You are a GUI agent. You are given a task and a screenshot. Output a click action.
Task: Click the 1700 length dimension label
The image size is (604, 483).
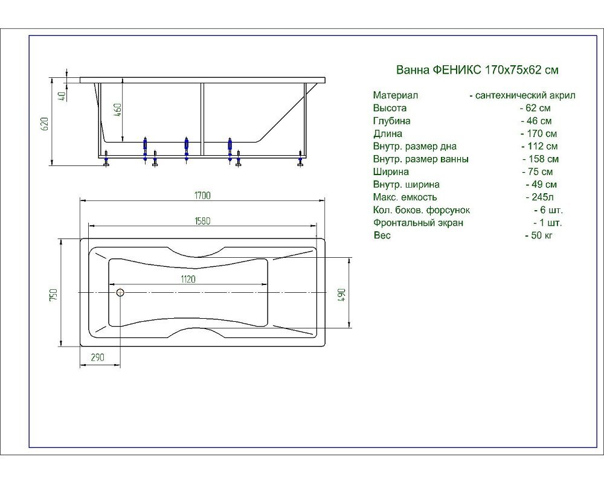(x=202, y=196)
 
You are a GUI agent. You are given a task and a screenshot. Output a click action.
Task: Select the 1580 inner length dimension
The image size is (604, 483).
(x=202, y=221)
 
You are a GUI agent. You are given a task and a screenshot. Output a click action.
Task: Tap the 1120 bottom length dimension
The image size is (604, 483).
(x=188, y=279)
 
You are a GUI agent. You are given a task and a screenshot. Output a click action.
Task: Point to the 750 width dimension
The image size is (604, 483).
(x=54, y=295)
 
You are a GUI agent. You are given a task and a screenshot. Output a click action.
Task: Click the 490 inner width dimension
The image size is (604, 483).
(x=341, y=295)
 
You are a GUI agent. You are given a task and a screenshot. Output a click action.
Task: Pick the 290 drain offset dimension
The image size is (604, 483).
(x=97, y=357)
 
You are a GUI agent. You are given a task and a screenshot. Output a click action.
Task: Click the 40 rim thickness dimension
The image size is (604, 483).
(x=62, y=95)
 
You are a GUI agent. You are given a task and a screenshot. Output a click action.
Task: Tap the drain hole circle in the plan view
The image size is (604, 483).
(x=120, y=292)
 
